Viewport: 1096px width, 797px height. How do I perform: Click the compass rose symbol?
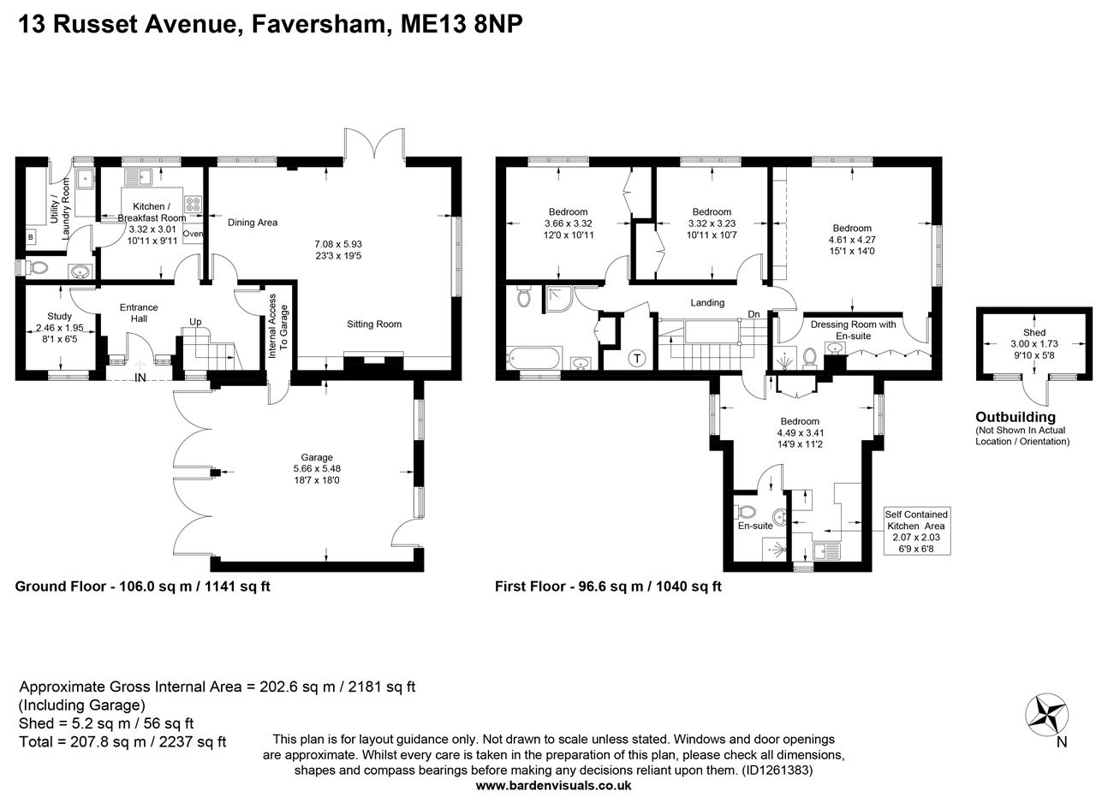(x=1046, y=713)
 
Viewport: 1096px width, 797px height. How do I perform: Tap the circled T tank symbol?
(x=638, y=359)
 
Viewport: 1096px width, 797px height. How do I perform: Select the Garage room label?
(x=317, y=457)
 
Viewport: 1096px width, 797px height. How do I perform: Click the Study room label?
(x=59, y=317)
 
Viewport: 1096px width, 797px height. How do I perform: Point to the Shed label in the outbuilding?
(x=1034, y=332)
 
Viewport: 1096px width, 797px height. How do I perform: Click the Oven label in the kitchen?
(x=193, y=234)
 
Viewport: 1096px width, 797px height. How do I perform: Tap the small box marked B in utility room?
(x=31, y=237)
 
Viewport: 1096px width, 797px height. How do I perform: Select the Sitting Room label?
(x=374, y=324)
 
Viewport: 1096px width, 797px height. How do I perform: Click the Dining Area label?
(x=253, y=223)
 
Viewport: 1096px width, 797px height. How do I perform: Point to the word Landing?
(x=707, y=302)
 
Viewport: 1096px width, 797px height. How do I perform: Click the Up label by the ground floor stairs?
(x=195, y=323)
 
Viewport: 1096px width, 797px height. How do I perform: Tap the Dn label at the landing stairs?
(x=753, y=314)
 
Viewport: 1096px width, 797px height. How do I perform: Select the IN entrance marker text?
(x=140, y=378)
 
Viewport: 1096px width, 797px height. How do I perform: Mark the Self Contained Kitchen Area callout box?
(x=916, y=531)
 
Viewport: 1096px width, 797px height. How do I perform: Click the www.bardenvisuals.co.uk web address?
(x=553, y=785)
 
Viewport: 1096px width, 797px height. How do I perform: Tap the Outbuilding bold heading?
(x=1016, y=417)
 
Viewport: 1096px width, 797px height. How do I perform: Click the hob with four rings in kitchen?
(x=193, y=205)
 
